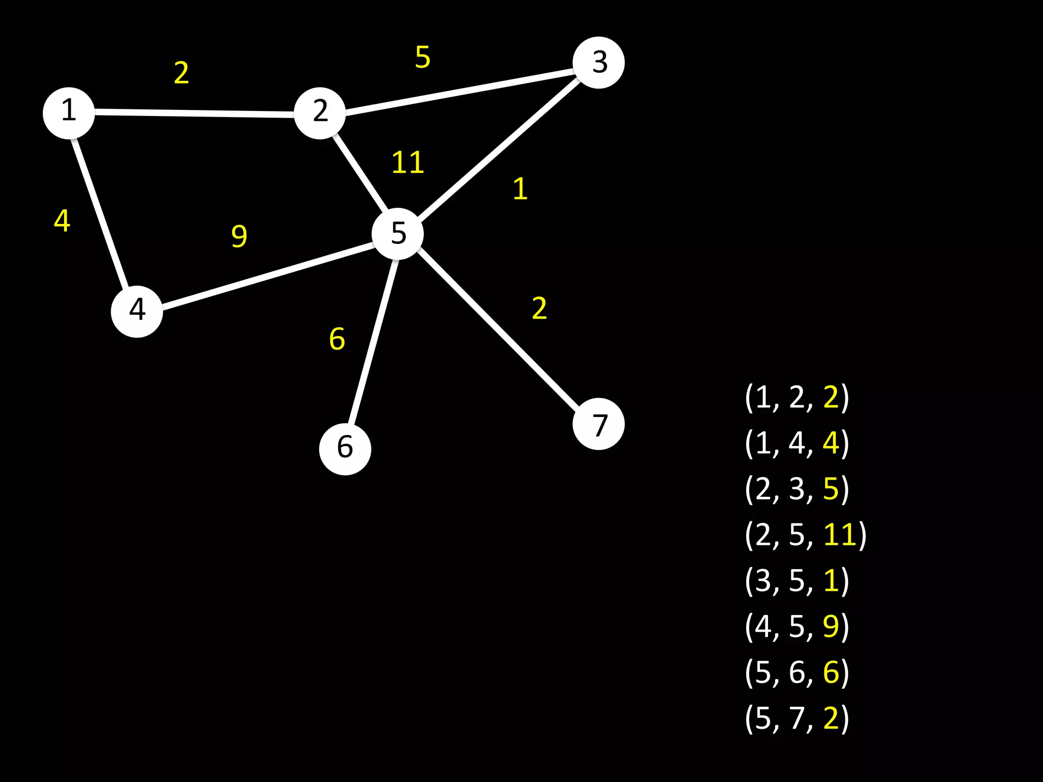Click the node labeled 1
pyautogui.click(x=69, y=113)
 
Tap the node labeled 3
pyautogui.click(x=598, y=63)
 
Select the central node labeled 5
pyautogui.click(x=398, y=234)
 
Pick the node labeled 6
pyautogui.click(x=345, y=449)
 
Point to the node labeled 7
pyautogui.click(x=598, y=424)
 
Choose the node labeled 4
pyautogui.click(x=137, y=311)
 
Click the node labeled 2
pyautogui.click(x=320, y=113)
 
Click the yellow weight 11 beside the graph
pyautogui.click(x=407, y=163)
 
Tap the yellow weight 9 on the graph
pyautogui.click(x=239, y=236)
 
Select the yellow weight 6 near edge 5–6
pyautogui.click(x=337, y=339)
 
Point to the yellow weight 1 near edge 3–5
pyautogui.click(x=520, y=189)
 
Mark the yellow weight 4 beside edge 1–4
pyautogui.click(x=62, y=221)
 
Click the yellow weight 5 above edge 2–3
pyautogui.click(x=423, y=57)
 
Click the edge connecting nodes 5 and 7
pyautogui.click(x=499, y=331)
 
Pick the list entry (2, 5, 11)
pyautogui.click(x=805, y=535)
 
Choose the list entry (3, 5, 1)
pyautogui.click(x=797, y=580)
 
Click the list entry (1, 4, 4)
pyautogui.click(x=797, y=443)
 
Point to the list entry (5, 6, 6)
pyautogui.click(x=797, y=672)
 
